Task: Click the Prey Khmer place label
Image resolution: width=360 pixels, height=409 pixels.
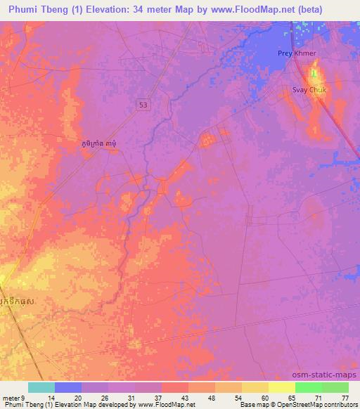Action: pyautogui.click(x=296, y=53)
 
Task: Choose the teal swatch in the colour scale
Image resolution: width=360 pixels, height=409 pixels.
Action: pyautogui.click(x=41, y=387)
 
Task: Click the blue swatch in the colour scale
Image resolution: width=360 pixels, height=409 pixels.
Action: pyautogui.click(x=68, y=387)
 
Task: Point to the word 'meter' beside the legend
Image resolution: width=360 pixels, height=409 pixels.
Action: pyautogui.click(x=12, y=397)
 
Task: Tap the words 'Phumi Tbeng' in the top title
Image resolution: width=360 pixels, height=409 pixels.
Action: pyautogui.click(x=37, y=11)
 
